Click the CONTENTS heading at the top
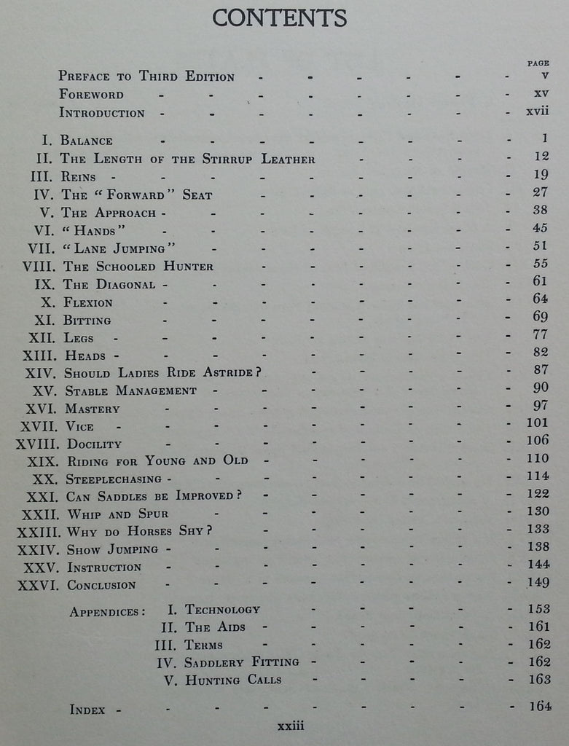pyautogui.click(x=280, y=17)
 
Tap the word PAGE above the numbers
pyautogui.click(x=538, y=63)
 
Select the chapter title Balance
pyautogui.click(x=87, y=141)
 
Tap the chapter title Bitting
pyautogui.click(x=87, y=320)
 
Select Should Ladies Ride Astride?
pyautogui.click(x=162, y=372)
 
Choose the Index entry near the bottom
pyautogui.click(x=89, y=708)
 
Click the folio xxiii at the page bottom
pyautogui.click(x=290, y=726)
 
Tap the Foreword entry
pyautogui.click(x=91, y=95)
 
